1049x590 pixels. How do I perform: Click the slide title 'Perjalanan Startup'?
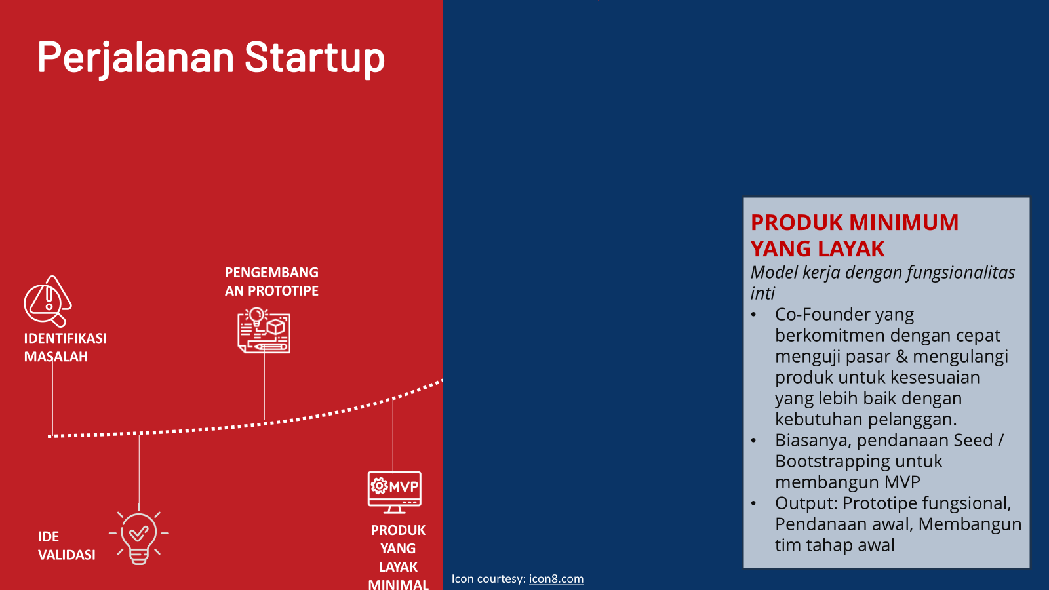[x=210, y=58]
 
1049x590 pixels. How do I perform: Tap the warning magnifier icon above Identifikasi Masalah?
[x=47, y=302]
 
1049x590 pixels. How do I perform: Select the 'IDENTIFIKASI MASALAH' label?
[x=65, y=347]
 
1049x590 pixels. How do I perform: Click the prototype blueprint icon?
[x=264, y=331]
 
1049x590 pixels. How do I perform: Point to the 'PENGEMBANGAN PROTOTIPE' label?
[x=271, y=282]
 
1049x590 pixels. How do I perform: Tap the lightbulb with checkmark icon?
[x=139, y=536]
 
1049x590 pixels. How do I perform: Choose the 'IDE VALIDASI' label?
[x=66, y=545]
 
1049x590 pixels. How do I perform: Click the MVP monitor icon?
[x=394, y=492]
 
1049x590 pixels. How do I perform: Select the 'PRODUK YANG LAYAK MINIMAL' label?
[x=398, y=557]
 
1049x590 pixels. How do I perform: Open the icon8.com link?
[x=556, y=579]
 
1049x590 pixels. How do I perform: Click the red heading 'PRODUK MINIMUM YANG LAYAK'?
[x=854, y=235]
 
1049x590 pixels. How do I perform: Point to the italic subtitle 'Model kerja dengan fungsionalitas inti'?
[x=882, y=283]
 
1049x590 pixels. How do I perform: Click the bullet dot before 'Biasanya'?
[x=754, y=441]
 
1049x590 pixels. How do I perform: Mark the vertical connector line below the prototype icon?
[x=264, y=387]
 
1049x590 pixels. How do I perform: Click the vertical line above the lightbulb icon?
[x=139, y=472]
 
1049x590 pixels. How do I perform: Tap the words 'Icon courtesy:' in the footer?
[x=488, y=579]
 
